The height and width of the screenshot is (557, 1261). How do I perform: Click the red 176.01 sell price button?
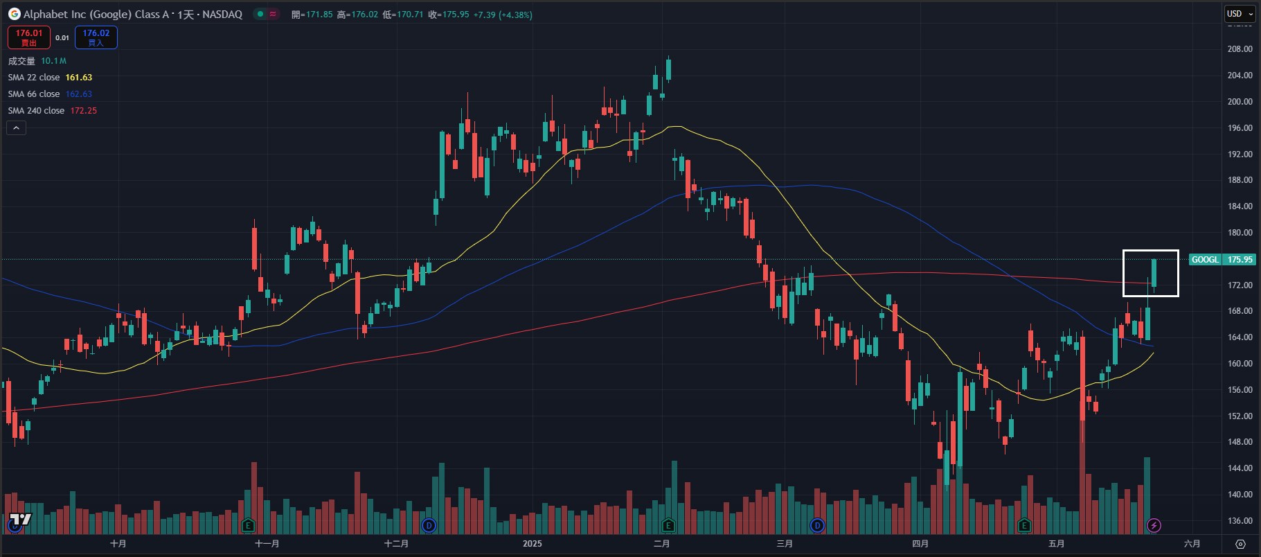[29, 37]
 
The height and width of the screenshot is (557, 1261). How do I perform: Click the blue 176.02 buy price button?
[96, 37]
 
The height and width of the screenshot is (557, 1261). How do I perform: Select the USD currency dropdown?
[1240, 13]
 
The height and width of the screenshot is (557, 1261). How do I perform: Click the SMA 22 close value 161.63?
[78, 78]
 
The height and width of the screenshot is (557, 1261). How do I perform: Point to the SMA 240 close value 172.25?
[83, 111]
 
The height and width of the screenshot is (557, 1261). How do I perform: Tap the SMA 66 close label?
[34, 94]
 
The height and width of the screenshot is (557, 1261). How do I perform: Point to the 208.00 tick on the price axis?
[1239, 49]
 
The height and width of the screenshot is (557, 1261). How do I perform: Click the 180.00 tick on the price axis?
[1239, 233]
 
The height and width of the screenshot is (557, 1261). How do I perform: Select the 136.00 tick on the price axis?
[1239, 521]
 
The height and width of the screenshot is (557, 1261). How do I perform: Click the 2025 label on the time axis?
[533, 544]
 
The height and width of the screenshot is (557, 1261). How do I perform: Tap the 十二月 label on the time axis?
[396, 544]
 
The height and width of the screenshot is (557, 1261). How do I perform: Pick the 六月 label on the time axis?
[1192, 544]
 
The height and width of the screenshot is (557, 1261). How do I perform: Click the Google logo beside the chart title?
[14, 14]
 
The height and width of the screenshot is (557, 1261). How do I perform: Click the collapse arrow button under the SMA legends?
[16, 127]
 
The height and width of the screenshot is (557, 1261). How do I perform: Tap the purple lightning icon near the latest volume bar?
[1154, 525]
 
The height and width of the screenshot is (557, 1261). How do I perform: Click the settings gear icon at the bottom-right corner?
[1240, 544]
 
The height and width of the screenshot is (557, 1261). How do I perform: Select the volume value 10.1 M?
[53, 61]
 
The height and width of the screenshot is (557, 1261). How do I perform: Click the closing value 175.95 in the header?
[455, 15]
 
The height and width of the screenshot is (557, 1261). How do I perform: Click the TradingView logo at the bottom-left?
[20, 520]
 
